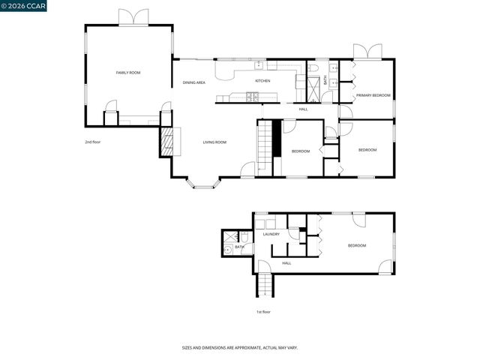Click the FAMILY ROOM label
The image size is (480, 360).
tap(128, 73)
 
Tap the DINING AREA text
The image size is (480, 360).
tap(194, 82)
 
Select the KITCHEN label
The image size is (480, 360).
tap(262, 81)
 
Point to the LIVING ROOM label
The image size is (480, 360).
tap(214, 142)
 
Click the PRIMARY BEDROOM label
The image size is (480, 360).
tap(373, 95)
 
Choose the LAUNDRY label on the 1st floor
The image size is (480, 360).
tap(271, 234)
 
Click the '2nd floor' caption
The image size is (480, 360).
tap(93, 142)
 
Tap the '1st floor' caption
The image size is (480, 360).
tap(262, 311)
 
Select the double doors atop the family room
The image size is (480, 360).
tap(129, 16)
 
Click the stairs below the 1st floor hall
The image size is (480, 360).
tap(265, 286)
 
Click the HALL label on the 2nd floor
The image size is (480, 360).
tap(303, 109)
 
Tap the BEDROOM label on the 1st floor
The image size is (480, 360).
tap(356, 246)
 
